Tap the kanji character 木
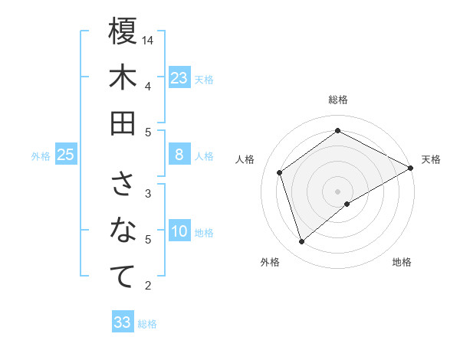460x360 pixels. [x=123, y=77]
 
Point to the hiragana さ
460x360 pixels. [x=123, y=185]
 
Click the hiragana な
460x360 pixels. [x=123, y=231]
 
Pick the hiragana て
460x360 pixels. [x=123, y=277]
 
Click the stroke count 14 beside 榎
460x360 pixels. [x=149, y=39]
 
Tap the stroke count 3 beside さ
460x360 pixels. [x=148, y=193]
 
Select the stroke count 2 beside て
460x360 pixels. [x=148, y=286]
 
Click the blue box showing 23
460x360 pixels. [x=179, y=78]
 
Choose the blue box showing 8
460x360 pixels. [x=179, y=155]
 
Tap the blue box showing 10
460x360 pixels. [x=179, y=232]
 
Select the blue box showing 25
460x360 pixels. [x=66, y=155]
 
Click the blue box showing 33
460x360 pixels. [x=123, y=322]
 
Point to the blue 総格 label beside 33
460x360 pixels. [x=147, y=324]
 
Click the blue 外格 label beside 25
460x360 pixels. [x=41, y=156]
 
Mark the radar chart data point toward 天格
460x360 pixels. [x=411, y=168]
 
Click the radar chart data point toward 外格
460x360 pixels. [x=301, y=242]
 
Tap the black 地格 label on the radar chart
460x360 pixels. [x=402, y=262]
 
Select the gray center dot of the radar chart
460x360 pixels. [x=338, y=190]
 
